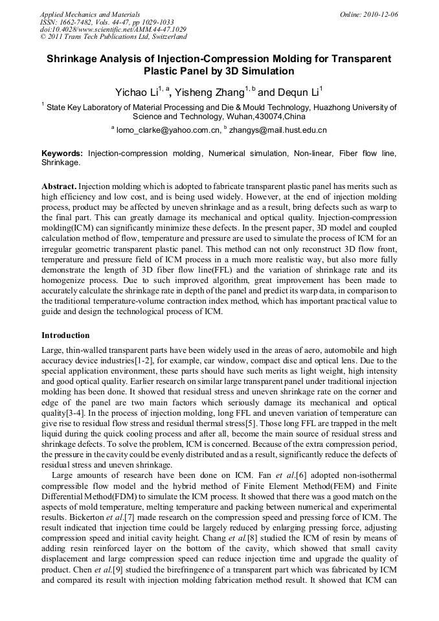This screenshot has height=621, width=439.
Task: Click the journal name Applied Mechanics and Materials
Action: pyautogui.click(x=90, y=14)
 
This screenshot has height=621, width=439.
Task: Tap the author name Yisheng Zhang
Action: pyautogui.click(x=216, y=92)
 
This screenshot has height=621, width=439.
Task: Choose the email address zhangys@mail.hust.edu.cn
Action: pyautogui.click(x=278, y=130)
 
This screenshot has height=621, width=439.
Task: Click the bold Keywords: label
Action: pyautogui.click(x=62, y=153)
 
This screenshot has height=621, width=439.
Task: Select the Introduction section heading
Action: pyautogui.click(x=65, y=335)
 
